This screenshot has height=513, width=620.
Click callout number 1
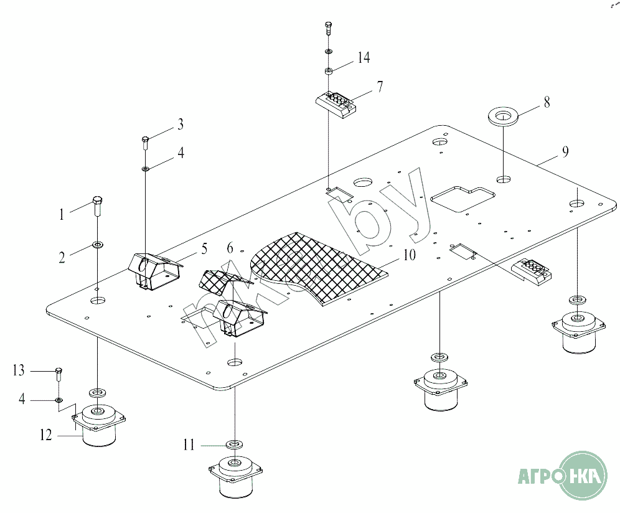pyautogui.click(x=61, y=215)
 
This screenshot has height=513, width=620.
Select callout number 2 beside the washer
pyautogui.click(x=62, y=258)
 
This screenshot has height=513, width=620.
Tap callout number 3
pyautogui.click(x=181, y=124)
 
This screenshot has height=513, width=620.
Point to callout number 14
pyautogui.click(x=364, y=57)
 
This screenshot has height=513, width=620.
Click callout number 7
pyautogui.click(x=380, y=87)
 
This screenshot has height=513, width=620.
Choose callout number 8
pyautogui.click(x=547, y=102)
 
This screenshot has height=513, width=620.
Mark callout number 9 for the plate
pyautogui.click(x=565, y=151)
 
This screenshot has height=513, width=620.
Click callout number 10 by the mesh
pyautogui.click(x=409, y=255)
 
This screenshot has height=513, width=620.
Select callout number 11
pyautogui.click(x=189, y=445)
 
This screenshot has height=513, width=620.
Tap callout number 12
pyautogui.click(x=46, y=435)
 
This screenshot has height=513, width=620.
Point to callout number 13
pyautogui.click(x=19, y=370)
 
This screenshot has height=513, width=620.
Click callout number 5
pyautogui.click(x=204, y=249)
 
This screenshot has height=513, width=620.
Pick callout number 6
pyautogui.click(x=230, y=248)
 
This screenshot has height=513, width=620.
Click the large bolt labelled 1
pyautogui.click(x=98, y=205)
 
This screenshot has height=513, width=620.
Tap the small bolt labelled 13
pyautogui.click(x=59, y=374)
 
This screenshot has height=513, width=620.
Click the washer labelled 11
pyautogui.click(x=235, y=445)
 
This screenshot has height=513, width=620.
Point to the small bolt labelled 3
pyautogui.click(x=145, y=143)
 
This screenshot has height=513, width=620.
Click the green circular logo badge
pyautogui.click(x=584, y=476)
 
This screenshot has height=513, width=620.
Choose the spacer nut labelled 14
pyautogui.click(x=329, y=71)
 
